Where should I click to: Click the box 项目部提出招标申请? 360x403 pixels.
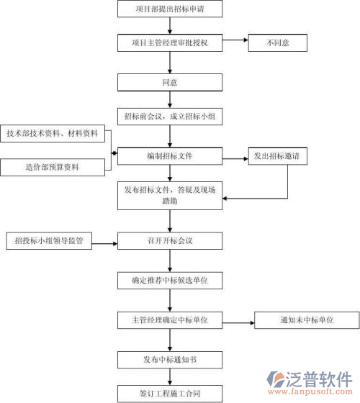tap(168, 9)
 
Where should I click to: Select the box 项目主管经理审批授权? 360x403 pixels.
tap(170, 43)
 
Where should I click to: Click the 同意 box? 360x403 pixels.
tap(169, 82)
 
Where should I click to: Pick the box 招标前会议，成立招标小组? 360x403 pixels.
tap(169, 116)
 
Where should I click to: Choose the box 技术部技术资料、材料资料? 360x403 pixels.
tap(53, 134)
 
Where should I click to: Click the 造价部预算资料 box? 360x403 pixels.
tap(53, 168)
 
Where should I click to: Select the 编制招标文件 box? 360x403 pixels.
tap(169, 156)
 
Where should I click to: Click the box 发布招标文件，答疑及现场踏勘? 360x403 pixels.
tap(169, 196)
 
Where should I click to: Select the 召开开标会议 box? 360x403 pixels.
tap(169, 241)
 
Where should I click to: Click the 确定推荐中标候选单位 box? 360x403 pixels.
tap(169, 280)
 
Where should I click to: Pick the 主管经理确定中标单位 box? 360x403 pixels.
tap(169, 320)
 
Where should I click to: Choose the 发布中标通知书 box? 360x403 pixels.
tap(169, 358)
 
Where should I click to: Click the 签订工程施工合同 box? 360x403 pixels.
tap(169, 393)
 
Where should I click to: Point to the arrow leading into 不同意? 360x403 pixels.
tap(233, 43)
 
